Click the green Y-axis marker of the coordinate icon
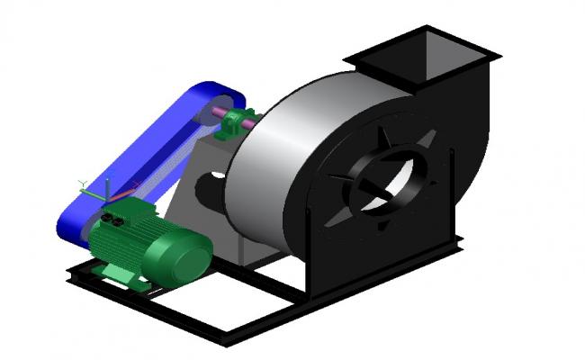84,184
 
